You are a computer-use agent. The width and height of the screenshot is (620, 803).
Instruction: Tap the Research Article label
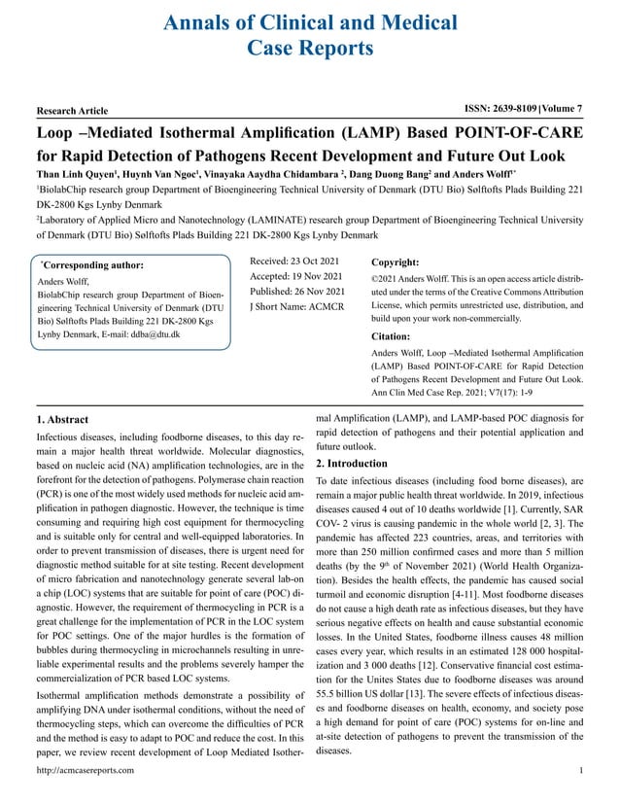coord(77,111)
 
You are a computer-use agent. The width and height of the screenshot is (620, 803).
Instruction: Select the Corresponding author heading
coord(93,264)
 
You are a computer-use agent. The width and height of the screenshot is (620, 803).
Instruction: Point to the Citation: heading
coord(393,336)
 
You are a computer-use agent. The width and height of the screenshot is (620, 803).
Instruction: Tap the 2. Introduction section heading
coord(352,464)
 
